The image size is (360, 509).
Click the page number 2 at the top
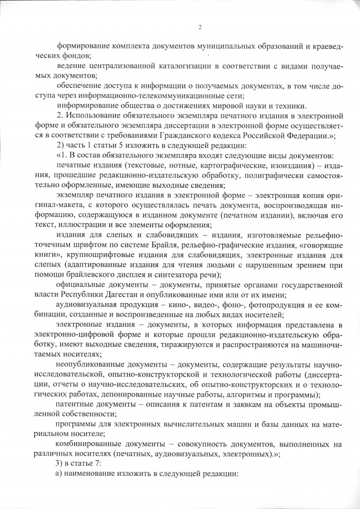click(199, 27)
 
